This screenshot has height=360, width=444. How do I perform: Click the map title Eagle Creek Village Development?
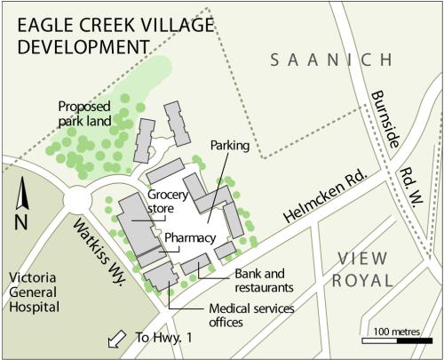coord(84,32)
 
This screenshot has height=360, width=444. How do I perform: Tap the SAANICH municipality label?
coord(329,60)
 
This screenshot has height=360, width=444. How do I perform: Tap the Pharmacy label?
coord(190,237)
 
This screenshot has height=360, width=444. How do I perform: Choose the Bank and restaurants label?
coord(264,280)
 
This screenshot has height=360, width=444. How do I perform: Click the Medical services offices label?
coord(239,315)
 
